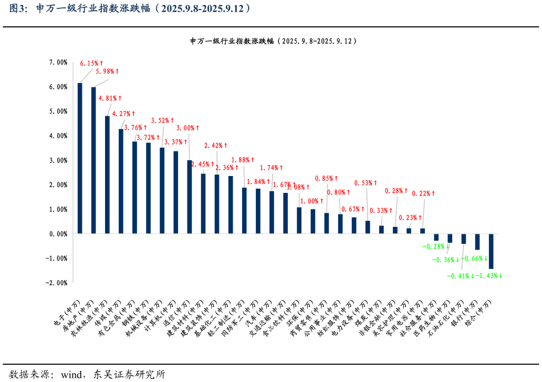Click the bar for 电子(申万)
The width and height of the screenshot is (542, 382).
click(80, 158)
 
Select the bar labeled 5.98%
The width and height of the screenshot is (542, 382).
click(93, 160)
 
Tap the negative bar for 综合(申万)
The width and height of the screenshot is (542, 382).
click(491, 251)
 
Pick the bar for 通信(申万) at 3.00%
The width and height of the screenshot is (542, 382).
click(190, 197)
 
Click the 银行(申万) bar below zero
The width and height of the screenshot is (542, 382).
click(477, 242)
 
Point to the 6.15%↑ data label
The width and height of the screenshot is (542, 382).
click(89, 63)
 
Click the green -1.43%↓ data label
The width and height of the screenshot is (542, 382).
click(488, 276)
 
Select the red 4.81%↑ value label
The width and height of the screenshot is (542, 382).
click(110, 98)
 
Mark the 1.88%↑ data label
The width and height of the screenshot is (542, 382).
click(243, 160)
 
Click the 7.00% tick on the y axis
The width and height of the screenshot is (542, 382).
click(58, 62)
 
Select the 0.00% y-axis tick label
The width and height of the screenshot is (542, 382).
click(58, 234)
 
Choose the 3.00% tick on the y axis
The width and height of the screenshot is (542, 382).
click(58, 160)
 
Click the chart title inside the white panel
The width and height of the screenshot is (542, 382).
click(273, 41)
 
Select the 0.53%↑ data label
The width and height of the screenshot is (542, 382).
click(366, 183)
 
